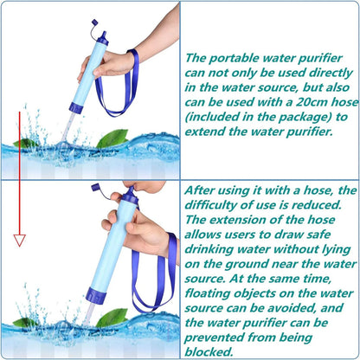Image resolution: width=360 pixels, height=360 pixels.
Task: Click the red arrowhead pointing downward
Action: (x=19, y=240)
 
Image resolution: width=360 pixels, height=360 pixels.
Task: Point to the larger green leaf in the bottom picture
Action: (x=111, y=318)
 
